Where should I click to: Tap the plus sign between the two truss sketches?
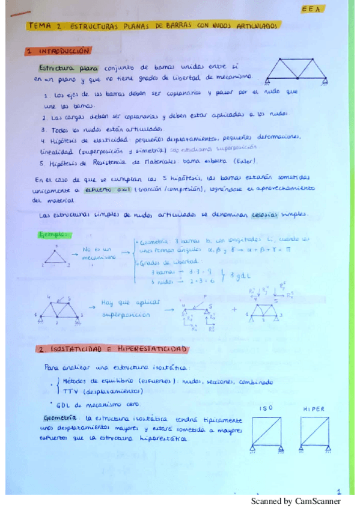click(x=234, y=310)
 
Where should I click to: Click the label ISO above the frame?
click(x=266, y=408)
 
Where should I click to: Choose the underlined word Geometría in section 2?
click(x=61, y=417)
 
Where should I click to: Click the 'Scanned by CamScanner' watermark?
click(x=295, y=501)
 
